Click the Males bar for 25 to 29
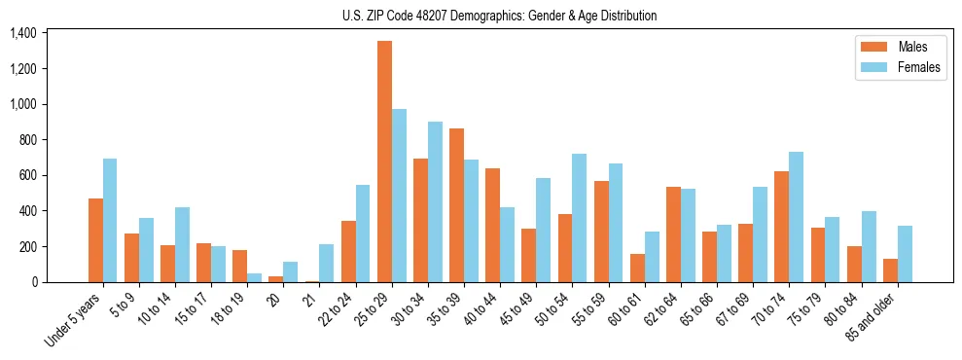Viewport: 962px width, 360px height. click(x=384, y=162)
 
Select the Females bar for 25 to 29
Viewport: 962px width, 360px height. click(x=399, y=196)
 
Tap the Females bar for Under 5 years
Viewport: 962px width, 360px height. click(x=110, y=220)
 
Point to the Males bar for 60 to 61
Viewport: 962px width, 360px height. click(x=637, y=268)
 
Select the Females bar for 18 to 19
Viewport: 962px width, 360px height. click(x=254, y=277)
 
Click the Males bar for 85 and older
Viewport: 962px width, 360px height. click(x=890, y=270)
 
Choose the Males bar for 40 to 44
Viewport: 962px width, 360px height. click(x=492, y=225)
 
